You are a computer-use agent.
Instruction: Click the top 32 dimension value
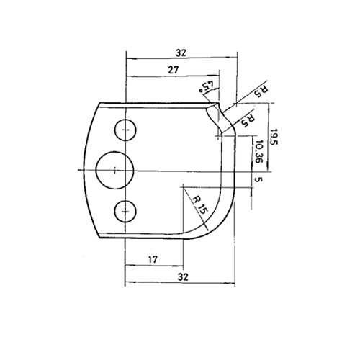[x=181, y=53]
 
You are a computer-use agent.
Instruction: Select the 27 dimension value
[x=174, y=70]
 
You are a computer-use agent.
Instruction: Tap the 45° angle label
[x=207, y=87]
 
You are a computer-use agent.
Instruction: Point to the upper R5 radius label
[x=261, y=91]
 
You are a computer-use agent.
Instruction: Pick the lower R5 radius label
[x=248, y=120]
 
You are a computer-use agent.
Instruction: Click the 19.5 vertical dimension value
[x=274, y=137]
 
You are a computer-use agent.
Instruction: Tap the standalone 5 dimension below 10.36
[x=257, y=179]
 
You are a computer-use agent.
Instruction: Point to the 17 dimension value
[x=153, y=259]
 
